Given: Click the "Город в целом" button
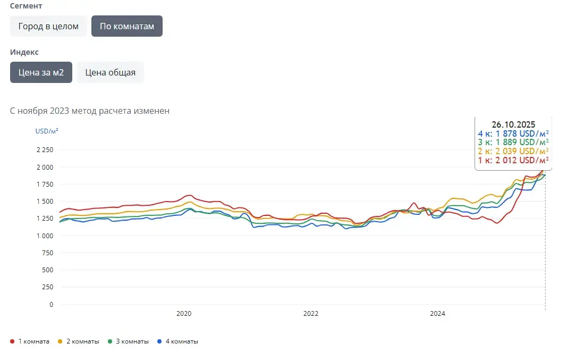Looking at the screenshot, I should click(48, 26).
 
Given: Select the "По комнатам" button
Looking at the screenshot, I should click(126, 26).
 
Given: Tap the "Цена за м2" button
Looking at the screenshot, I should click(41, 72).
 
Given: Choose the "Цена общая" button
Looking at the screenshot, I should click(110, 72).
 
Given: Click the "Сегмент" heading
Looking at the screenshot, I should click(26, 6).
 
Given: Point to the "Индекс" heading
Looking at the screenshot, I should click(24, 52).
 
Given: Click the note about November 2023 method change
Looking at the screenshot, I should click(90, 111).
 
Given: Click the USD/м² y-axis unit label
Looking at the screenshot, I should click(47, 131).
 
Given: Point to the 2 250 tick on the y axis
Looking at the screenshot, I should click(45, 150).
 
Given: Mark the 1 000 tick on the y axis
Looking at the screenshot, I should click(45, 236).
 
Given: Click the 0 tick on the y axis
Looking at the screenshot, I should click(51, 305).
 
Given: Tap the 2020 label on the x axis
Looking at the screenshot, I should click(183, 314).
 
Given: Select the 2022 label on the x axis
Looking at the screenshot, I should click(311, 314).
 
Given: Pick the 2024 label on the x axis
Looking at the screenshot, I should click(438, 314).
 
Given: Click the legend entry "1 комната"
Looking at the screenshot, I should click(33, 341).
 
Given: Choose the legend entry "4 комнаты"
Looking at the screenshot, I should click(182, 341).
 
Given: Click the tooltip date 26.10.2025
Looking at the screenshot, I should click(513, 125).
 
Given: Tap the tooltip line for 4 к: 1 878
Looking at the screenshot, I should click(513, 133).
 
